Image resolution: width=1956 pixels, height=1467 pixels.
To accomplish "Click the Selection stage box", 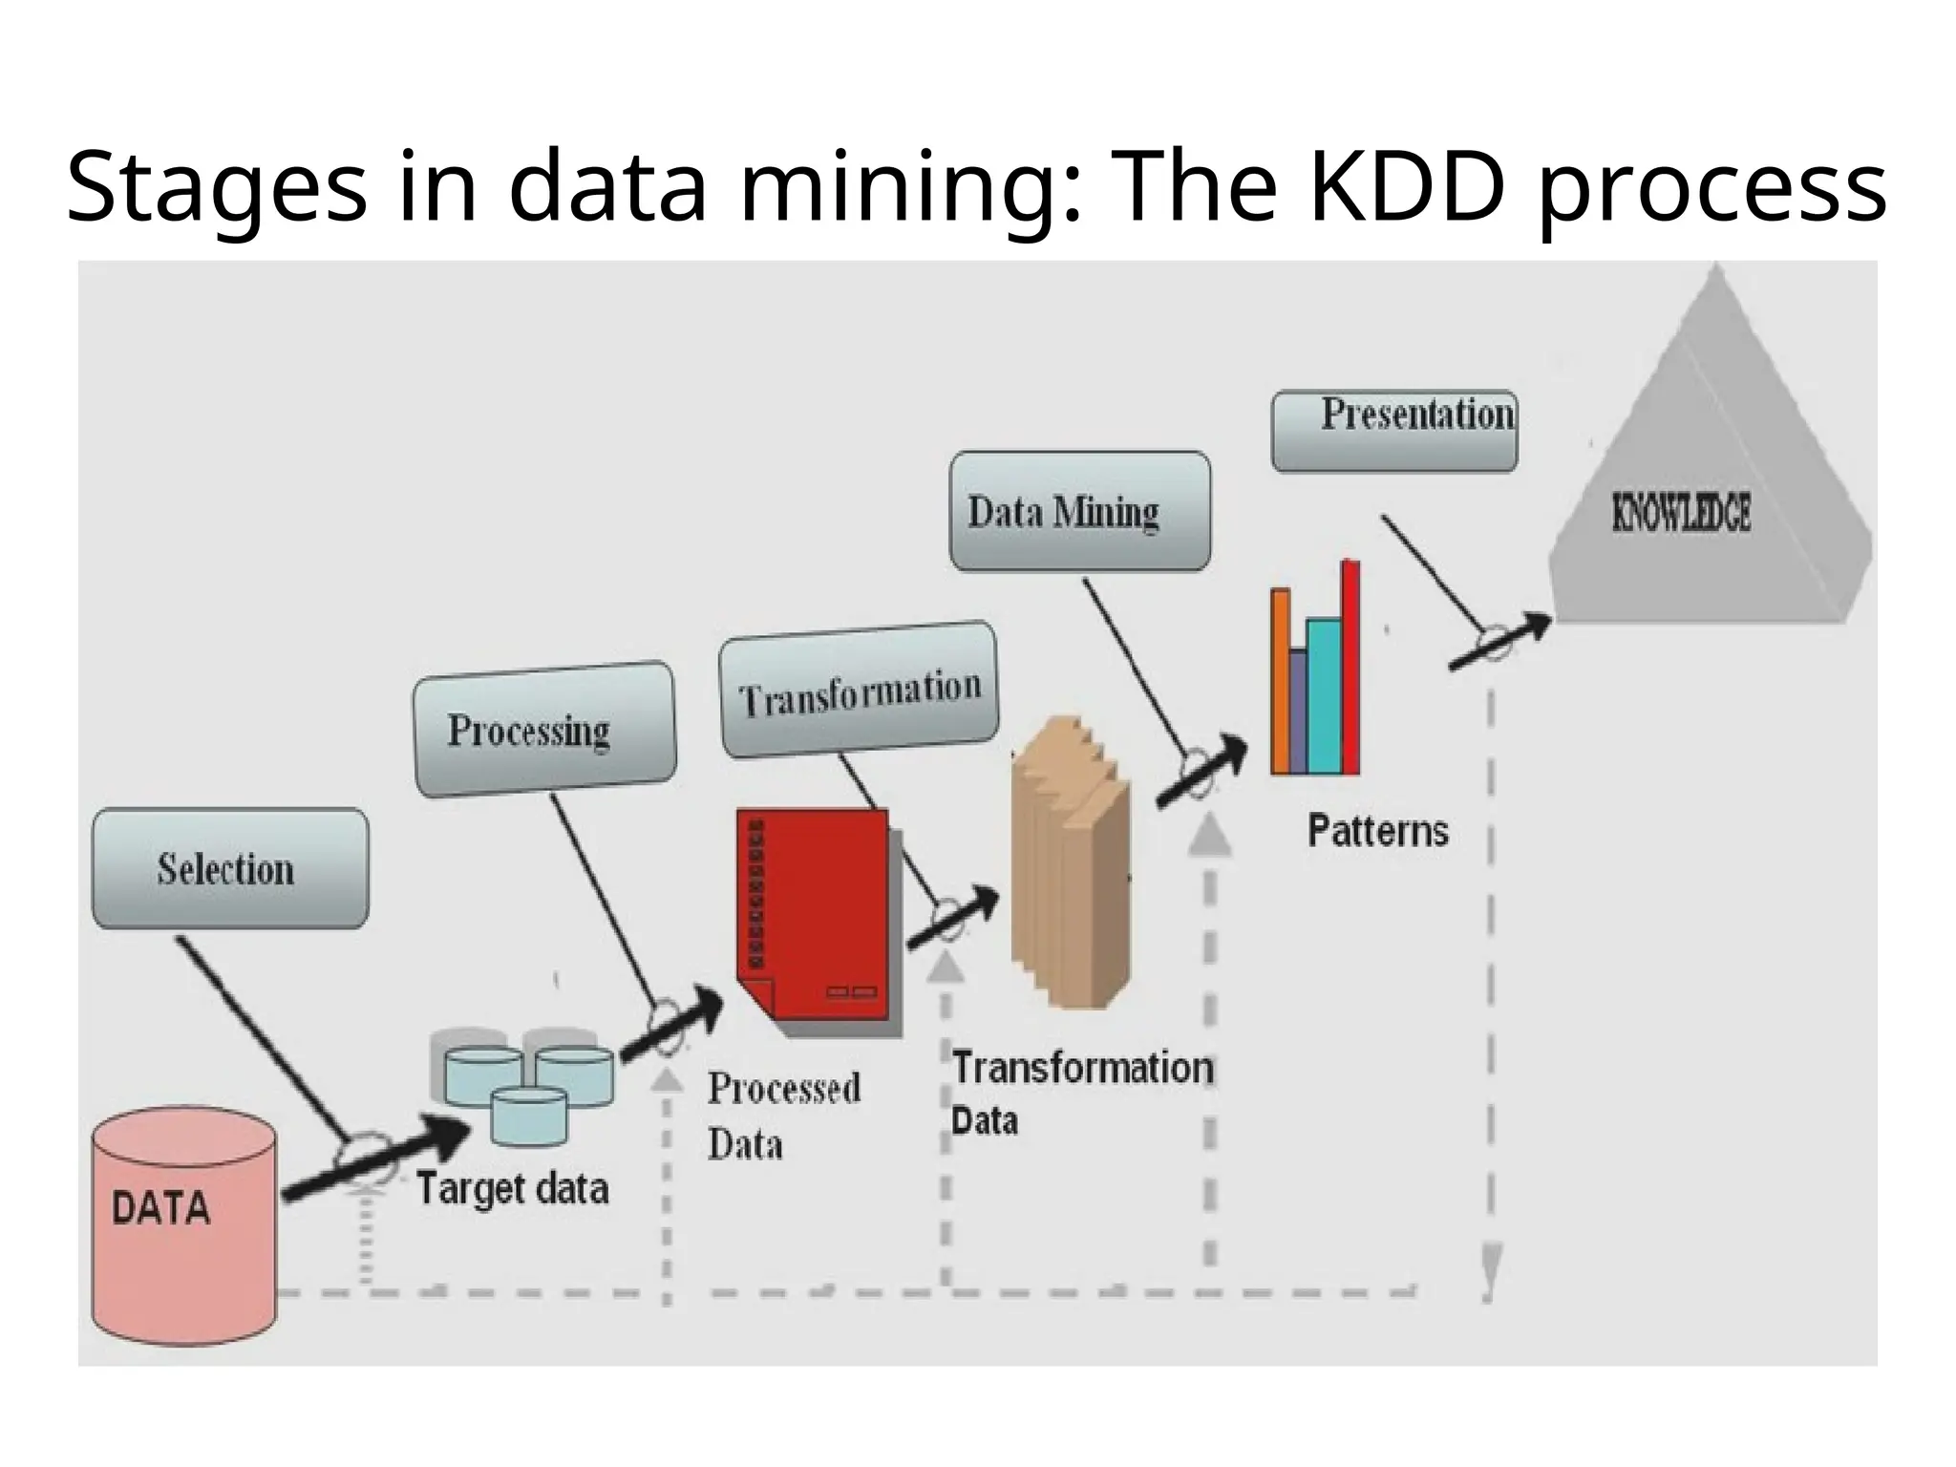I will [229, 868].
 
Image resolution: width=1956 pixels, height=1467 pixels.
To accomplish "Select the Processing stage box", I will [544, 729].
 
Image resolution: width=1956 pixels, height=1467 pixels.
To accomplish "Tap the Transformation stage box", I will [859, 690].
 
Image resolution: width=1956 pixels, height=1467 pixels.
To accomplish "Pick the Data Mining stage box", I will [1079, 512].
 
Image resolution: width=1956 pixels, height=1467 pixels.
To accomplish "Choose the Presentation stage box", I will [1394, 431].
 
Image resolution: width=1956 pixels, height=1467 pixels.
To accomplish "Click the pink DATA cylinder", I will [183, 1227].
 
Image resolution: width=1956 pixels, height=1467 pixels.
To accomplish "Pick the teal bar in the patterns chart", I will [1324, 696].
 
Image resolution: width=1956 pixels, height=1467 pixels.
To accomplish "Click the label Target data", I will [513, 1189].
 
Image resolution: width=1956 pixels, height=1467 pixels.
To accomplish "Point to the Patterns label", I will [1377, 831].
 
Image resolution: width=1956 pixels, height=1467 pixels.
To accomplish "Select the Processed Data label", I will [783, 1116].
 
